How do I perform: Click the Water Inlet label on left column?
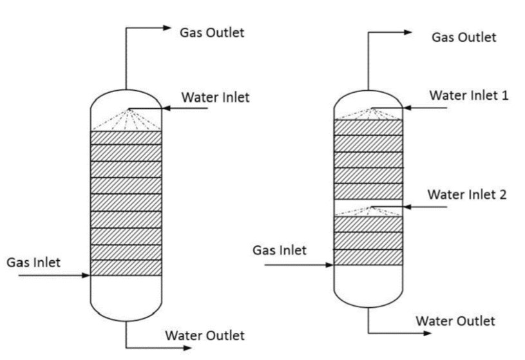pyautogui.click(x=215, y=98)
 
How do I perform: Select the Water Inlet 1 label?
pyautogui.click(x=469, y=96)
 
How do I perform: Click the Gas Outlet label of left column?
pyautogui.click(x=212, y=32)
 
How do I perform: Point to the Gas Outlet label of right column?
pyautogui.click(x=464, y=37)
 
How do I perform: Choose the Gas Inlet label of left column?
pyautogui.click(x=33, y=262)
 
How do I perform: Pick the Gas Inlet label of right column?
pyautogui.click(x=280, y=250)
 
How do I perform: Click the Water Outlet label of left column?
pyautogui.click(x=205, y=336)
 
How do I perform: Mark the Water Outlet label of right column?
pyautogui.click(x=455, y=321)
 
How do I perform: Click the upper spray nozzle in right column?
pyautogui.click(x=370, y=108)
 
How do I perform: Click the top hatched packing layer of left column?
pyautogui.click(x=126, y=137)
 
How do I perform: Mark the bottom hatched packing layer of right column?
pyautogui.click(x=368, y=258)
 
